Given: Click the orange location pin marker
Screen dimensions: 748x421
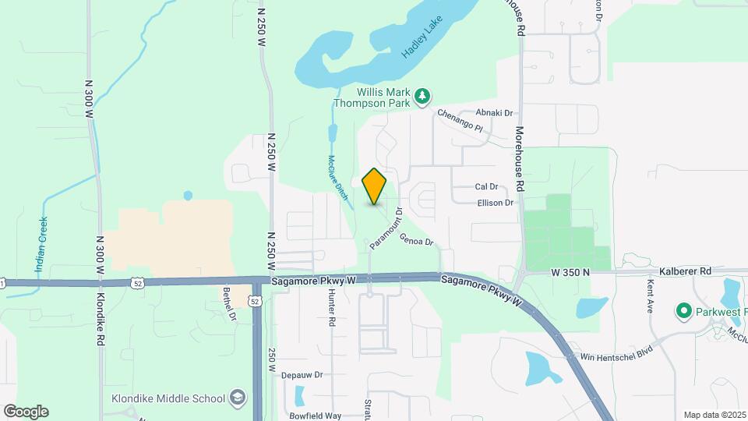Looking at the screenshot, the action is tap(375, 186).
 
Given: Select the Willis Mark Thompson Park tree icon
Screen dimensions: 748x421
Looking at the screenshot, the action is tap(422, 96).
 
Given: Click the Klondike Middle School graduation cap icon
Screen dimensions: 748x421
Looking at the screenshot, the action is tap(237, 398).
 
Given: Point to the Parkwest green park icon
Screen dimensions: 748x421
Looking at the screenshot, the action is tap(684, 312).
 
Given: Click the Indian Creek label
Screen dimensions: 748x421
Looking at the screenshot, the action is tap(41, 244).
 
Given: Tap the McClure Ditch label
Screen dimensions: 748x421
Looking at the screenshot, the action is tap(337, 179).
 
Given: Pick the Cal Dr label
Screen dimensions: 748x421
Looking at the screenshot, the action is tap(485, 187).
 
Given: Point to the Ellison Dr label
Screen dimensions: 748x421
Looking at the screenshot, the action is tap(496, 203).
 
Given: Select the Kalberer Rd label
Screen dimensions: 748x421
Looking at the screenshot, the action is tap(685, 271).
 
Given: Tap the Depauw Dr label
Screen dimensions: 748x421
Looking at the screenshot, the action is tap(302, 375).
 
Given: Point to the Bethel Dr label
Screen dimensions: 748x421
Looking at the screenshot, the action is tap(229, 304).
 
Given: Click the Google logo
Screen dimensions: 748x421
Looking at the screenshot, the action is tap(26, 412).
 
